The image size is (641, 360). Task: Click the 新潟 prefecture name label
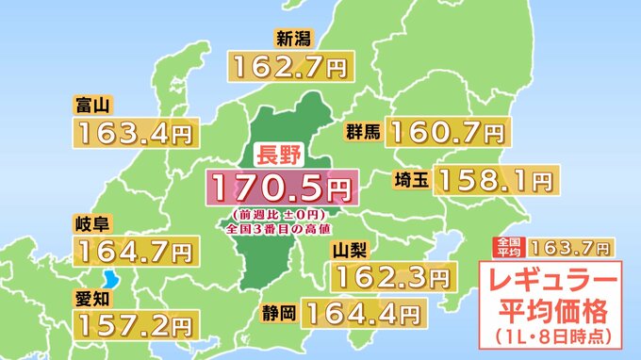coord(291,39)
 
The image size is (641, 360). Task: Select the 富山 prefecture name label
coord(90,105)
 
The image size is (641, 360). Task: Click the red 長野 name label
coord(275,155)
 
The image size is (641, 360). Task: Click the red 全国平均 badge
coord(507,247)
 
